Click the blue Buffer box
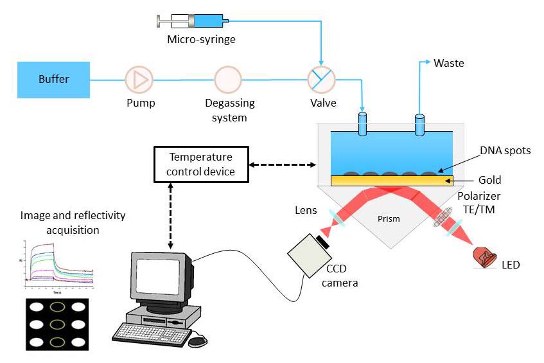pyautogui.click(x=53, y=80)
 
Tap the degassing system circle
pyautogui.click(x=228, y=80)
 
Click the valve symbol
pyautogui.click(x=319, y=80)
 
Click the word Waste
pyautogui.click(x=449, y=63)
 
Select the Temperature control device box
pyautogui.click(x=200, y=164)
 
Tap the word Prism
pyautogui.click(x=389, y=218)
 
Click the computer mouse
pyautogui.click(x=198, y=341)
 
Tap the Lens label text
pyautogui.click(x=305, y=210)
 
